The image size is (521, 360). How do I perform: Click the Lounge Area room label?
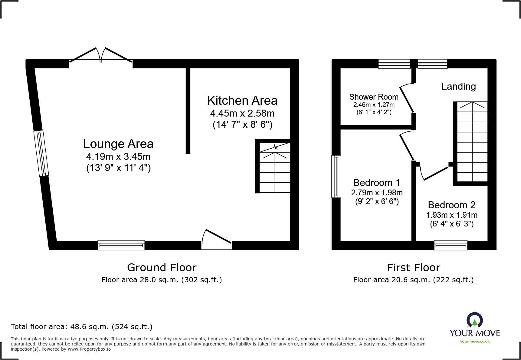[118, 144]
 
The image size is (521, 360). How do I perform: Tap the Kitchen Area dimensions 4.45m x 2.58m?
[242, 113]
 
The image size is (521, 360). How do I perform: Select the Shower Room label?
[374, 97]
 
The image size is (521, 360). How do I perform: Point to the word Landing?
[458, 87]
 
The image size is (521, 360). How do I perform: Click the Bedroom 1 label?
[377, 183]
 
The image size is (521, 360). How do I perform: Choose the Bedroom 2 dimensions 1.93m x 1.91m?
[452, 215]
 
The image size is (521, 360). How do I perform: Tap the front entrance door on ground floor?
[217, 239]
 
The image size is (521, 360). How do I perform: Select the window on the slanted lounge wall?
[41, 153]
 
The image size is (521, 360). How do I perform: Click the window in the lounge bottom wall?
[121, 245]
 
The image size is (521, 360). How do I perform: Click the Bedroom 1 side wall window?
[336, 176]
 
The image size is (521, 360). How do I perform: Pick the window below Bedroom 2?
[451, 245]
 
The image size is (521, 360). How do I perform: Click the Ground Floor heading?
[162, 268]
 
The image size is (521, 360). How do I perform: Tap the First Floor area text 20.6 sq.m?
[413, 280]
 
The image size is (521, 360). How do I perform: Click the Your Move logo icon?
[474, 320]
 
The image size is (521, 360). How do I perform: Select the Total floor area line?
[82, 327]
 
